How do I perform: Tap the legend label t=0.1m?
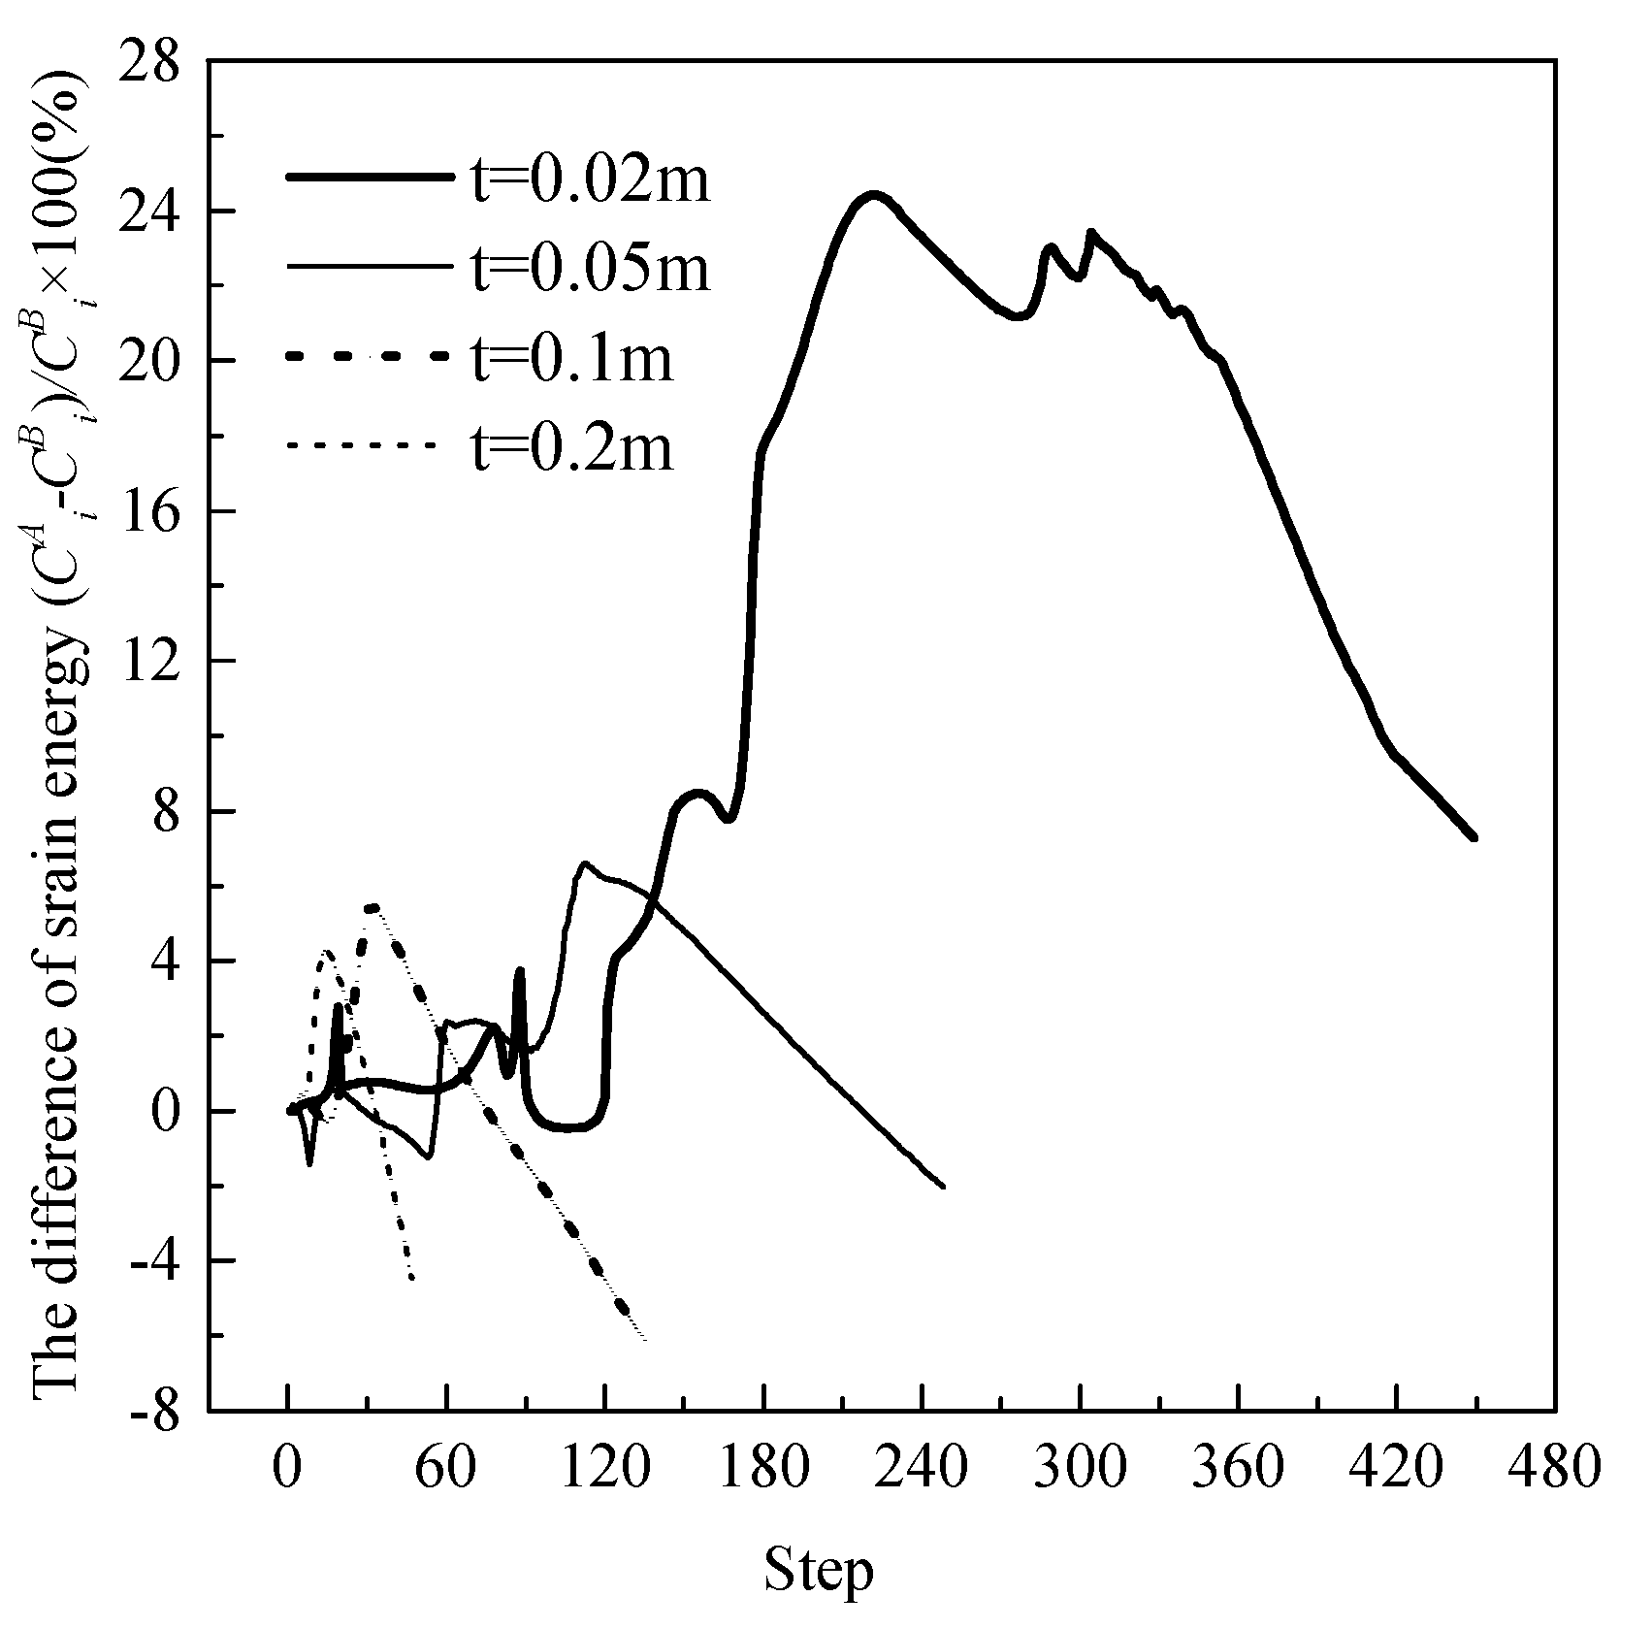point(572,358)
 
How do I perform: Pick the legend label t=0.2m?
point(572,447)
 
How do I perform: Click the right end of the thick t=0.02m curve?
point(1473,836)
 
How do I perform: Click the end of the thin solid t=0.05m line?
point(943,1187)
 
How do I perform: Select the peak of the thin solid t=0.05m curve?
point(585,863)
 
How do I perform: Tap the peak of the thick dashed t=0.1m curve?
point(373,907)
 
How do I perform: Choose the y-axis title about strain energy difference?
point(60,737)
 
